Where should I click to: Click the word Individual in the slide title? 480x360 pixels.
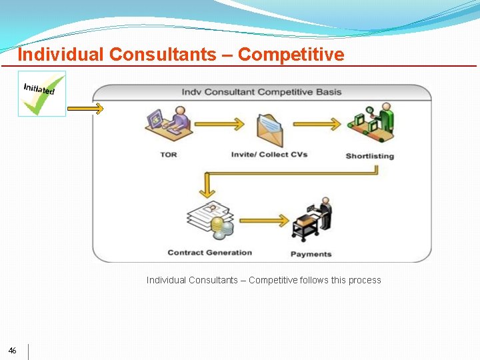(61, 54)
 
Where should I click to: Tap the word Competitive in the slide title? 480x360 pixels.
(291, 54)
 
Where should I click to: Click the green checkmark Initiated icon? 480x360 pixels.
(42, 93)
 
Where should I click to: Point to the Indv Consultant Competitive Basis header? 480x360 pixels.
(261, 91)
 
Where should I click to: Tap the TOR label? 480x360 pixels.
(169, 155)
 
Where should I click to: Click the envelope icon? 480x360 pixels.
(270, 129)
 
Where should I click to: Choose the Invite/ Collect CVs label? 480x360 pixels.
(269, 155)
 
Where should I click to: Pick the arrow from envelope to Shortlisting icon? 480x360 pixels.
(317, 124)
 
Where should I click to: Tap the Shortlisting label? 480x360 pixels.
(370, 156)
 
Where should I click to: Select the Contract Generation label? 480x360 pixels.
(210, 253)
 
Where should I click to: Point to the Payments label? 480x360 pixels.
(311, 254)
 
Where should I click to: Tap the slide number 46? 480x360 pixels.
(13, 351)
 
